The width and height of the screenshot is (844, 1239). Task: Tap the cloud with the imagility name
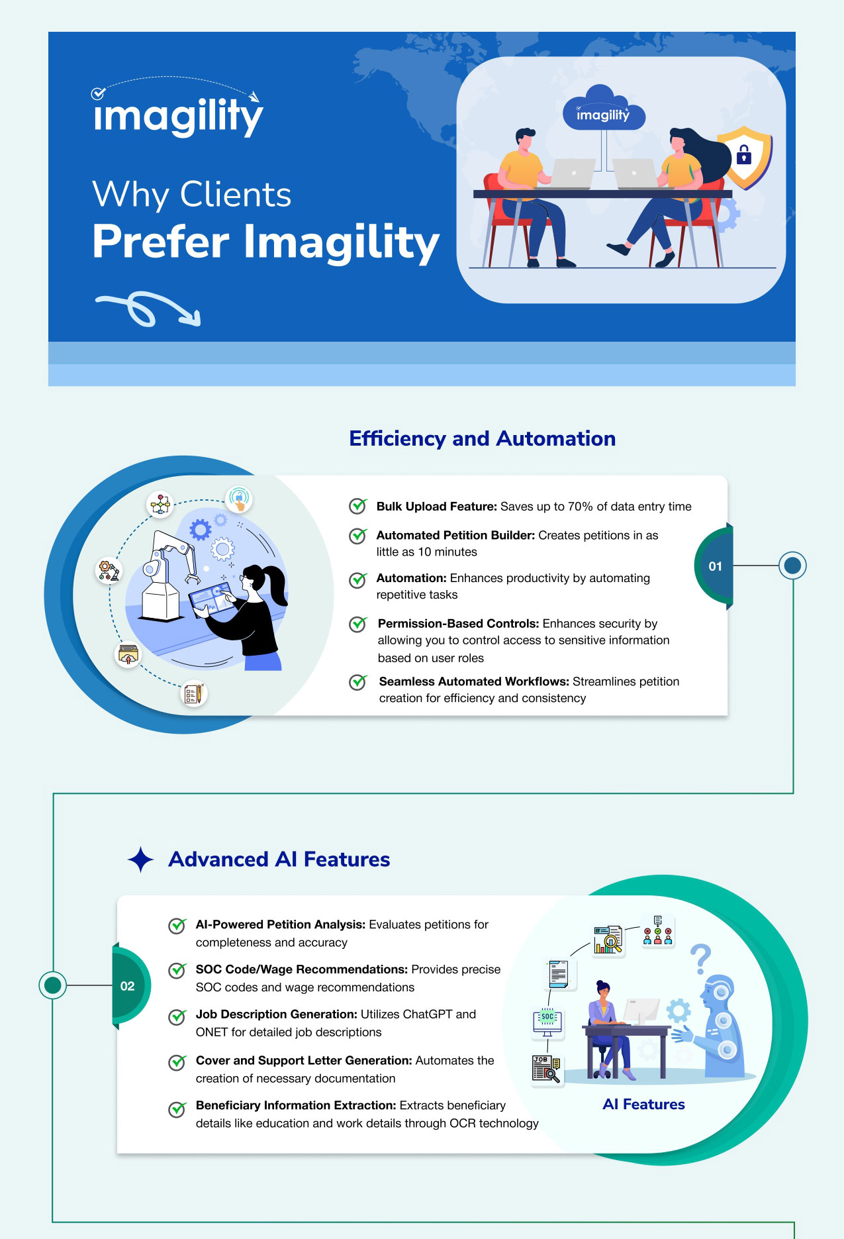point(602,109)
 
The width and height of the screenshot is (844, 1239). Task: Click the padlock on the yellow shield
point(744,156)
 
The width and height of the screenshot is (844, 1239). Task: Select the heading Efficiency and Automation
point(482,438)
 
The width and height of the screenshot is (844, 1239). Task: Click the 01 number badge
point(715,566)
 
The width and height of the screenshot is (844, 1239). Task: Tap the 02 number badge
point(128,986)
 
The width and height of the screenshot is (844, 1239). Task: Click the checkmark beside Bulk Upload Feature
point(358,506)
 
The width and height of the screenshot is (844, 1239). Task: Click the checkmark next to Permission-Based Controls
point(358,624)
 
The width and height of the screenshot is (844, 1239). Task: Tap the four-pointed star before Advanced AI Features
point(140,860)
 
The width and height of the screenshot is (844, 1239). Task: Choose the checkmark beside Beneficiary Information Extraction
point(177,1109)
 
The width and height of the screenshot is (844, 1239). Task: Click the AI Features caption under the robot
point(643,1105)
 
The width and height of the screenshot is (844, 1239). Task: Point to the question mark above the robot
point(700,958)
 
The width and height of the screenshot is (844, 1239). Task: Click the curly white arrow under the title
point(148,309)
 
